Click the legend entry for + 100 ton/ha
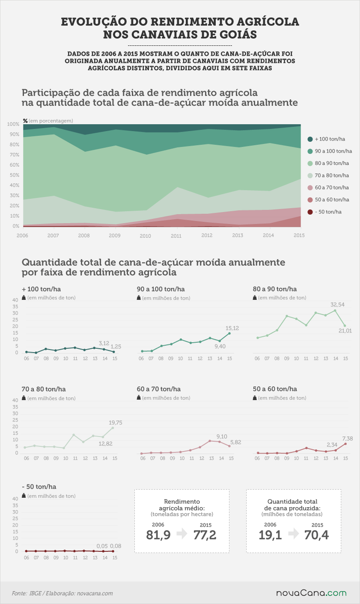(326, 139)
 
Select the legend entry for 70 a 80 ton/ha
(328, 176)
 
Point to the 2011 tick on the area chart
(176, 236)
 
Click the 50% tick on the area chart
(15, 175)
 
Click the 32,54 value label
(337, 305)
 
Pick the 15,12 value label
(232, 328)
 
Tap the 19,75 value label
(116, 422)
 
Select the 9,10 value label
(222, 436)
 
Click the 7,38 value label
(348, 439)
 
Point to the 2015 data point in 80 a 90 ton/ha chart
(345, 326)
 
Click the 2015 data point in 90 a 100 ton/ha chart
(229, 333)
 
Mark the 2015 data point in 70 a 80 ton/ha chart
(113, 428)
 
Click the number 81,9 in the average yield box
(158, 535)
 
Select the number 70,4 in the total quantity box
(317, 535)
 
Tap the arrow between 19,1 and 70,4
(294, 533)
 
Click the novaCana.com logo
(311, 593)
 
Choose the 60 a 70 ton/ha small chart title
(159, 389)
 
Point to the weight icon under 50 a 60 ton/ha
(255, 398)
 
